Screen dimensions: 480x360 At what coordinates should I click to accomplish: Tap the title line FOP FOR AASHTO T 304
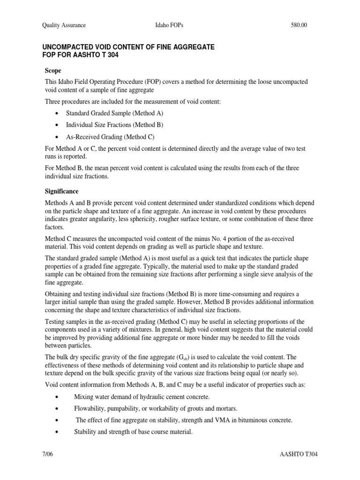(x=81, y=55)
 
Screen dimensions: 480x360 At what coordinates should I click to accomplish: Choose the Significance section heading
(x=61, y=191)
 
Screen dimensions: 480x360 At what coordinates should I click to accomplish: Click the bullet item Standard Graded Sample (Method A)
(x=115, y=113)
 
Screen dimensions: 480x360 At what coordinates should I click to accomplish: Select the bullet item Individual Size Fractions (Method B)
(x=114, y=125)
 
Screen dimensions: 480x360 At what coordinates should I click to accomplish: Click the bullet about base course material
(x=133, y=432)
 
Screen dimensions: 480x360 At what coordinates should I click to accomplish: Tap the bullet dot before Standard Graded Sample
(x=57, y=113)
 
